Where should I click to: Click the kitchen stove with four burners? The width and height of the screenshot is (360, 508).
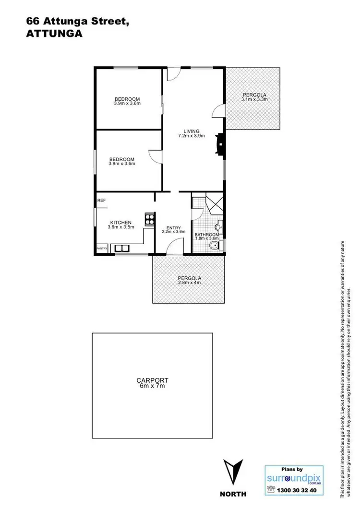(150, 220)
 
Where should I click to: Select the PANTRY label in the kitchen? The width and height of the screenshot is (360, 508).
(102, 248)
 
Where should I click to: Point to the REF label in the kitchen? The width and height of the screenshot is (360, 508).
(101, 201)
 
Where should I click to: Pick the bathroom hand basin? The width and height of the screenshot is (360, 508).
(218, 226)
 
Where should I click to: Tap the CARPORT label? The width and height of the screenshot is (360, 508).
(152, 380)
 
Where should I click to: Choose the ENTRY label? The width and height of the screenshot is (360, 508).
(173, 228)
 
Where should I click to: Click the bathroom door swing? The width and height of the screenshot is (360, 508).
(197, 214)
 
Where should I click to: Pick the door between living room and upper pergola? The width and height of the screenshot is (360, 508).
(218, 111)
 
